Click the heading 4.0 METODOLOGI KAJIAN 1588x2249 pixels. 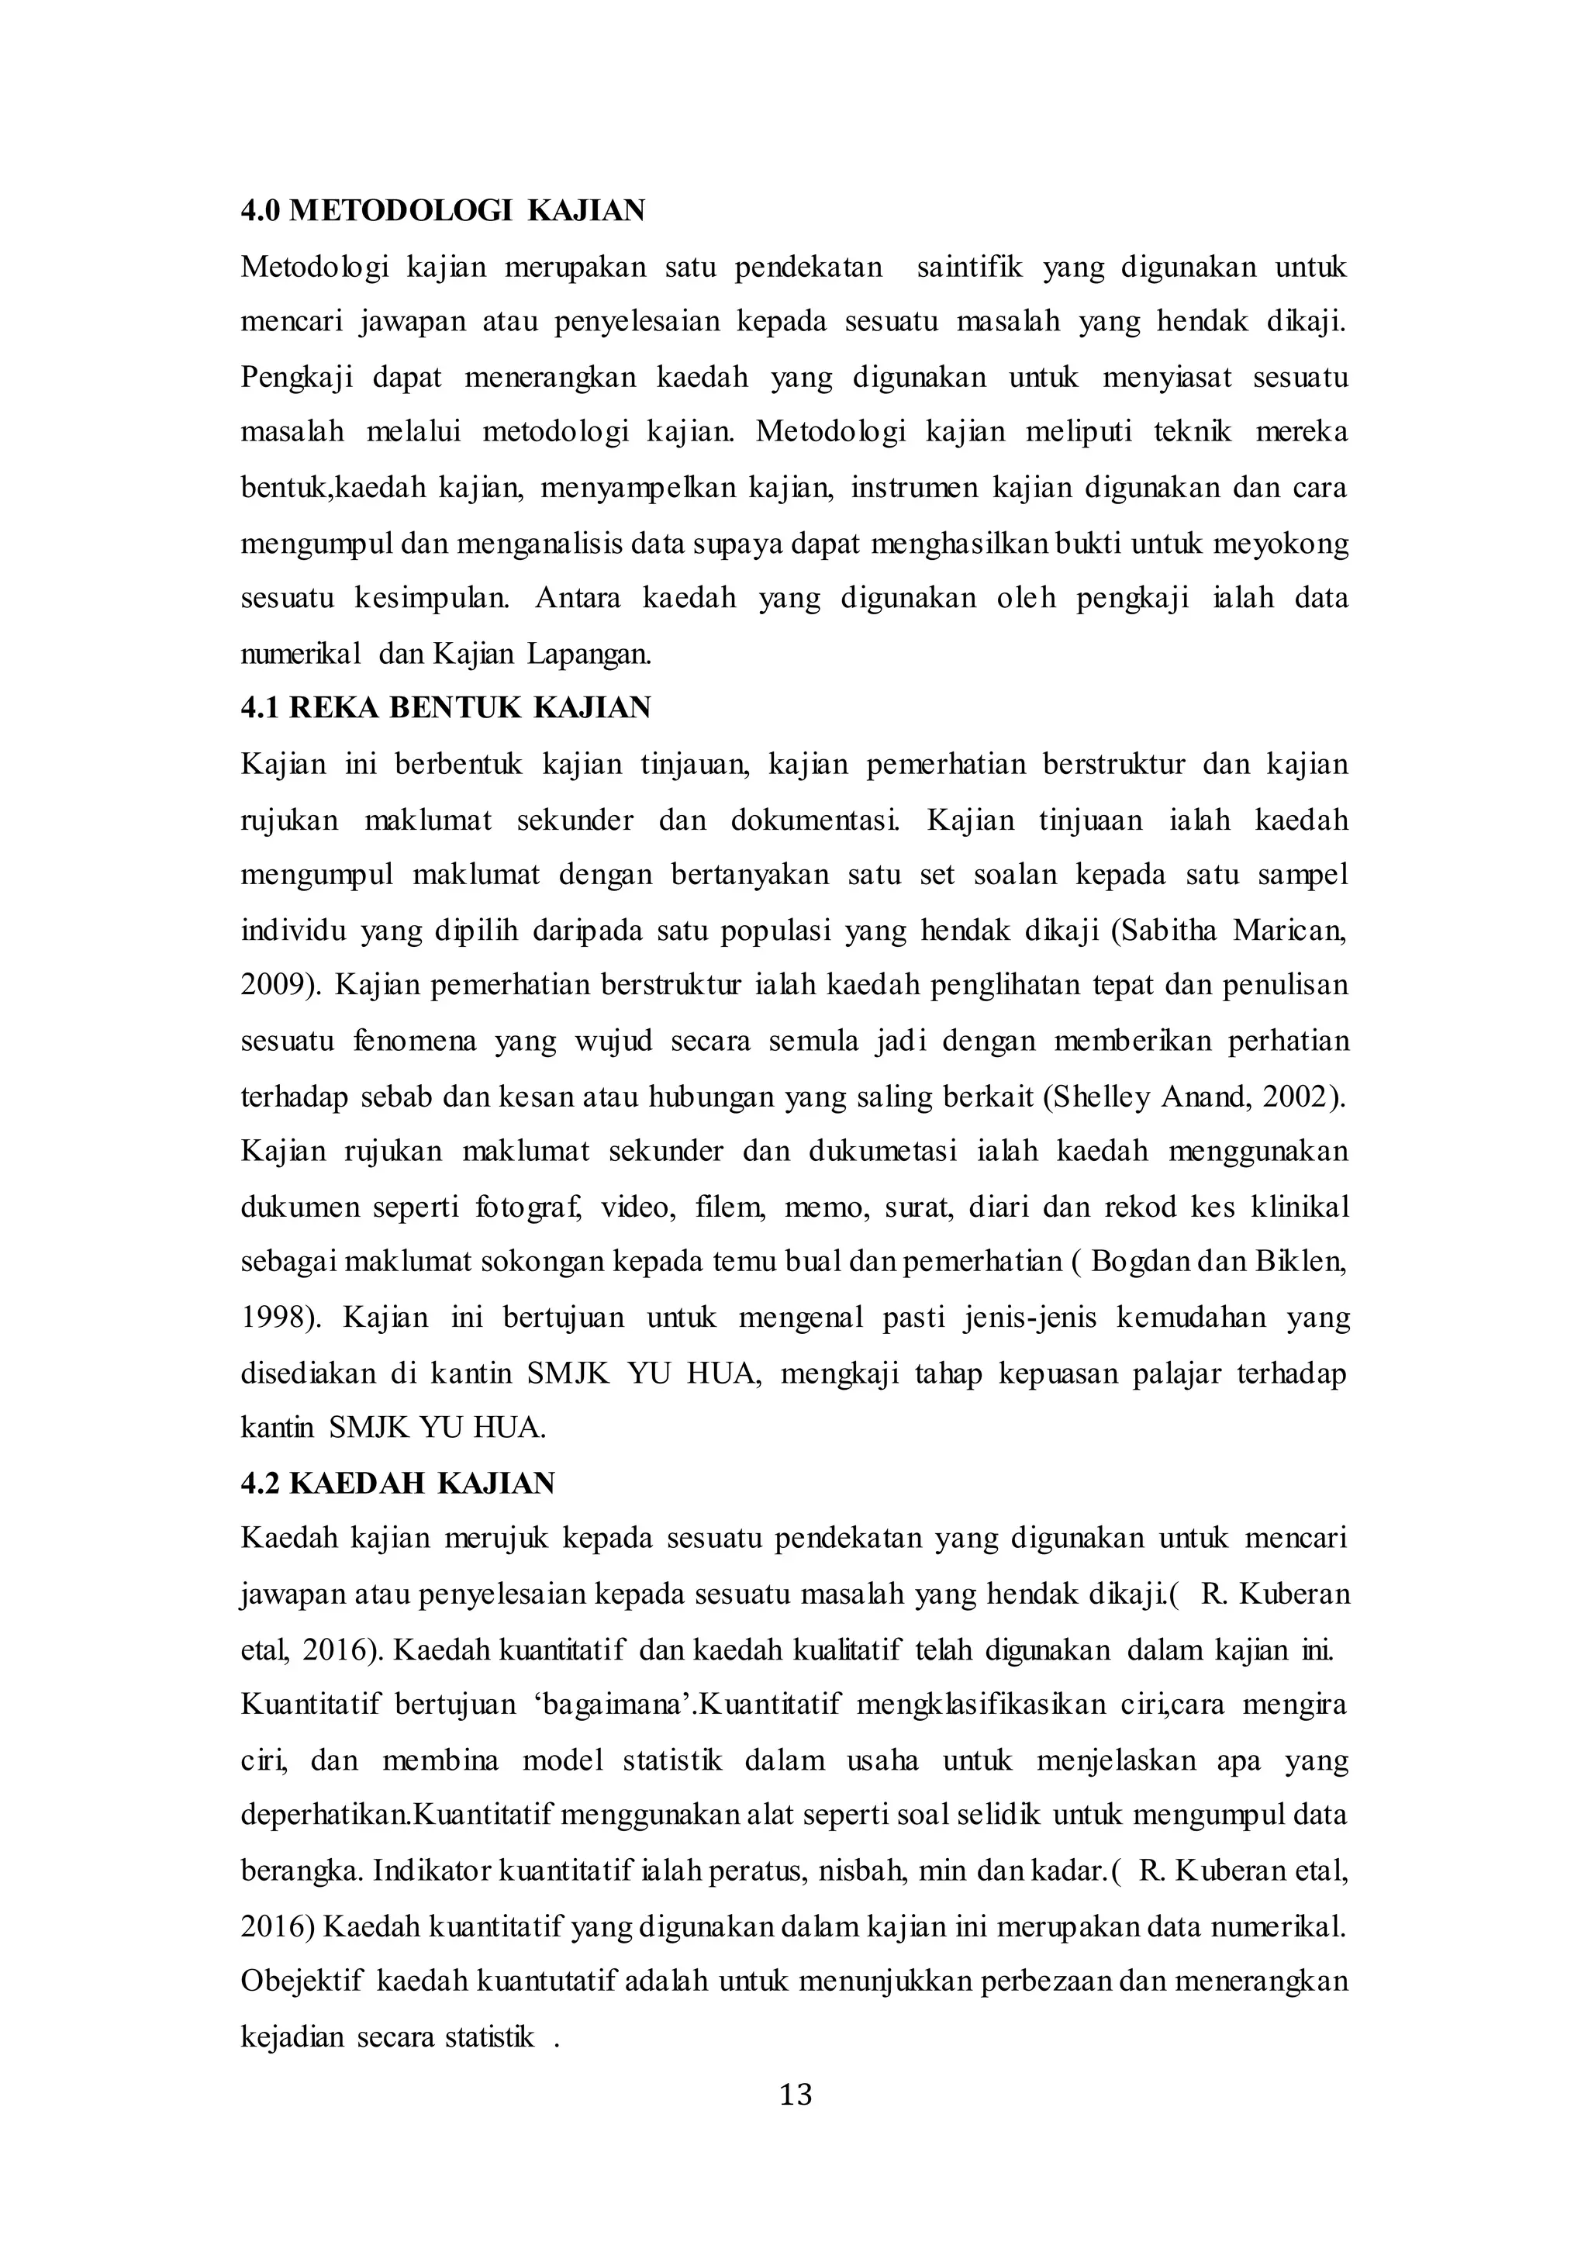(443, 211)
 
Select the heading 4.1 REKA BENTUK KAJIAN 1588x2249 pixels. (446, 707)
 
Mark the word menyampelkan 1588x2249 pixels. (637, 487)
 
